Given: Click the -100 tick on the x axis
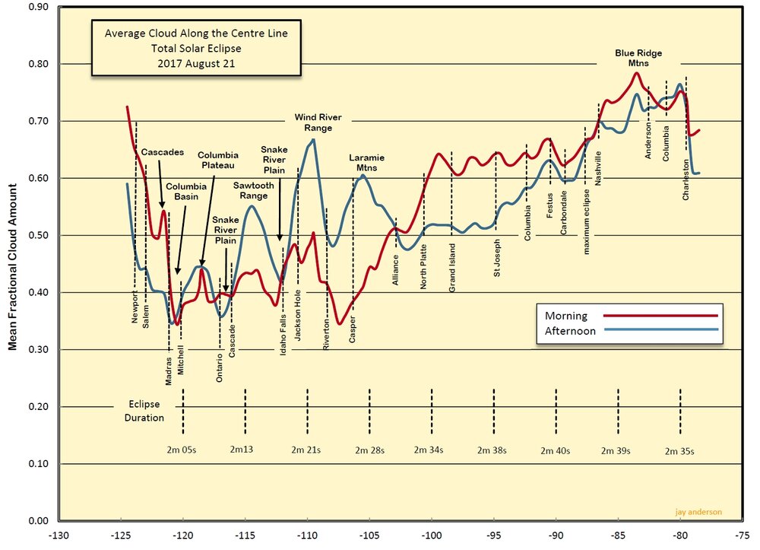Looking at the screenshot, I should coord(431,534).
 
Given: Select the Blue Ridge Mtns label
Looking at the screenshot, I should coord(638,58).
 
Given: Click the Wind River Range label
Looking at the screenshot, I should coord(318,122).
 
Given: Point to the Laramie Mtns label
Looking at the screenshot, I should coord(366,162).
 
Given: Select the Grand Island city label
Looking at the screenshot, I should coord(452,269).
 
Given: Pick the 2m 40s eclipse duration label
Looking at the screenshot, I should coord(555,450).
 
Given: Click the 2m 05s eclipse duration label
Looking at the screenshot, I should coord(182,450).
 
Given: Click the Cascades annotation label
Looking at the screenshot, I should coord(163,152).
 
